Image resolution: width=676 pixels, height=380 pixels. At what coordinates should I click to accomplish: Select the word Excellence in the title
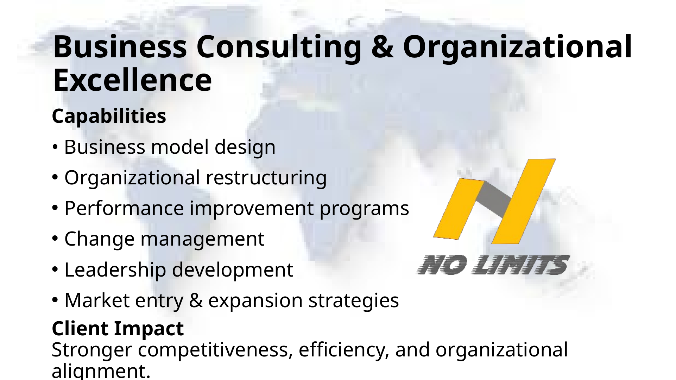(132, 80)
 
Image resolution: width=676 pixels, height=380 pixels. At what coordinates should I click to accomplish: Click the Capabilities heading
(109, 116)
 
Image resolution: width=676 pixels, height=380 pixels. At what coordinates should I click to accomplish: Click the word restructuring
(266, 178)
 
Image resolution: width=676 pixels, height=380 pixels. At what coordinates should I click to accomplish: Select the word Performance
(124, 208)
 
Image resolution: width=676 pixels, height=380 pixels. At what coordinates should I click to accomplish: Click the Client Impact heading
(118, 329)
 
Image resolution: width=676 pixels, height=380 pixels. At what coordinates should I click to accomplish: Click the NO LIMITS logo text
(493, 265)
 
